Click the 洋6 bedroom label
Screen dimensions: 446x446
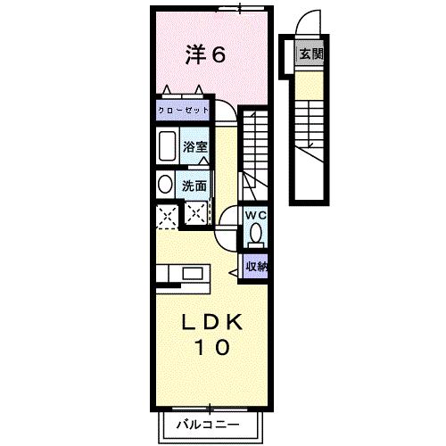tap(204, 54)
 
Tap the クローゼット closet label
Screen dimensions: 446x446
tap(183, 111)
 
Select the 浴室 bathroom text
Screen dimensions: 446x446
tap(196, 145)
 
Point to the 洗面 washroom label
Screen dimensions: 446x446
tap(194, 186)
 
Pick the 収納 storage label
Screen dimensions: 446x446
tap(256, 266)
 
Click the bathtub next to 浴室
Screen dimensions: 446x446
tap(166, 146)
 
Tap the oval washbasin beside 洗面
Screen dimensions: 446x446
tap(165, 186)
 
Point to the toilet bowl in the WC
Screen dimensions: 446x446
tap(256, 235)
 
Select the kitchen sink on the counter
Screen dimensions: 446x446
tap(194, 274)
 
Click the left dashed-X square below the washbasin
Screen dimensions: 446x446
tap(164, 214)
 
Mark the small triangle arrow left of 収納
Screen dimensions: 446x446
tap(235, 266)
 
